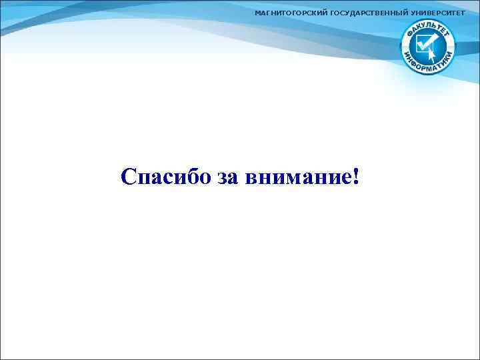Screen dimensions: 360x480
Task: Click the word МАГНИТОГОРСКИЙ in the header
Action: point(291,14)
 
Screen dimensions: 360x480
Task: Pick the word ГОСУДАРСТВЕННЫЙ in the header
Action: point(369,14)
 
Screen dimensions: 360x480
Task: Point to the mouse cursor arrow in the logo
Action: point(433,51)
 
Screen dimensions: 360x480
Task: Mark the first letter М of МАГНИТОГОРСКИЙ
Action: point(258,14)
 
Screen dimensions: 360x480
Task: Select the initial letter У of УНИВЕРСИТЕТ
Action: point(413,14)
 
